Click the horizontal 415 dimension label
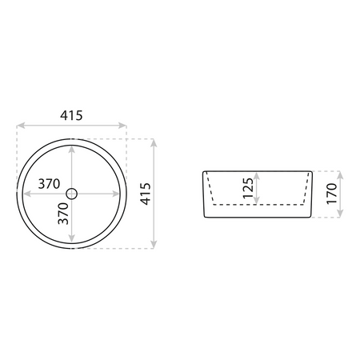point(71,115)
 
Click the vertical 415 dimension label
point(146,194)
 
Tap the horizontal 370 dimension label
point(49,184)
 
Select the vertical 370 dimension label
point(63,214)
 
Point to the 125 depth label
point(248,188)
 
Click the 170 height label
point(332,194)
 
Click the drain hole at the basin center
point(71,194)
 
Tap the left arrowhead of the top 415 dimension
point(21,126)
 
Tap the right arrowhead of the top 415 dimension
point(122,126)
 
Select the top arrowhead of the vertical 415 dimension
point(154,143)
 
